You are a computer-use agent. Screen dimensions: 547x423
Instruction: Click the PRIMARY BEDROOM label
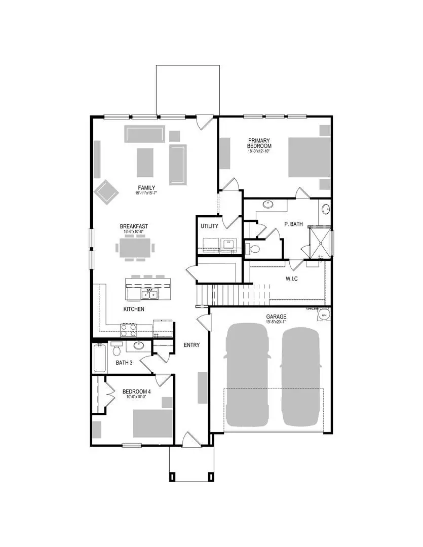coord(258,143)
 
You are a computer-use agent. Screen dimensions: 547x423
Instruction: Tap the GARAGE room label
coord(277,317)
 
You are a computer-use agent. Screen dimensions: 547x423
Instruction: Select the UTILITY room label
coord(209,226)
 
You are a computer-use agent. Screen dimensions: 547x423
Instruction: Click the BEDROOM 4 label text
coord(136,391)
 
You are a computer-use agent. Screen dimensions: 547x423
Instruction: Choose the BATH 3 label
coord(124,363)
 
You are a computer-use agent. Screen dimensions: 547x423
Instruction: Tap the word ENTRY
coord(191,345)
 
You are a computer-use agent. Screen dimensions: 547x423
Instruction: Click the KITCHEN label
coord(134,309)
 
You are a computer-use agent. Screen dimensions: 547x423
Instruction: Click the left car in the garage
coord(247,375)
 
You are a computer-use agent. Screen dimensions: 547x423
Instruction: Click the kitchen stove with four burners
coord(128,330)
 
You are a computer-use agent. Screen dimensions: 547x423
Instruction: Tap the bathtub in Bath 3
coord(100,358)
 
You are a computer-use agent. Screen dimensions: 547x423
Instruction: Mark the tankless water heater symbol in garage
coord(323,315)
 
